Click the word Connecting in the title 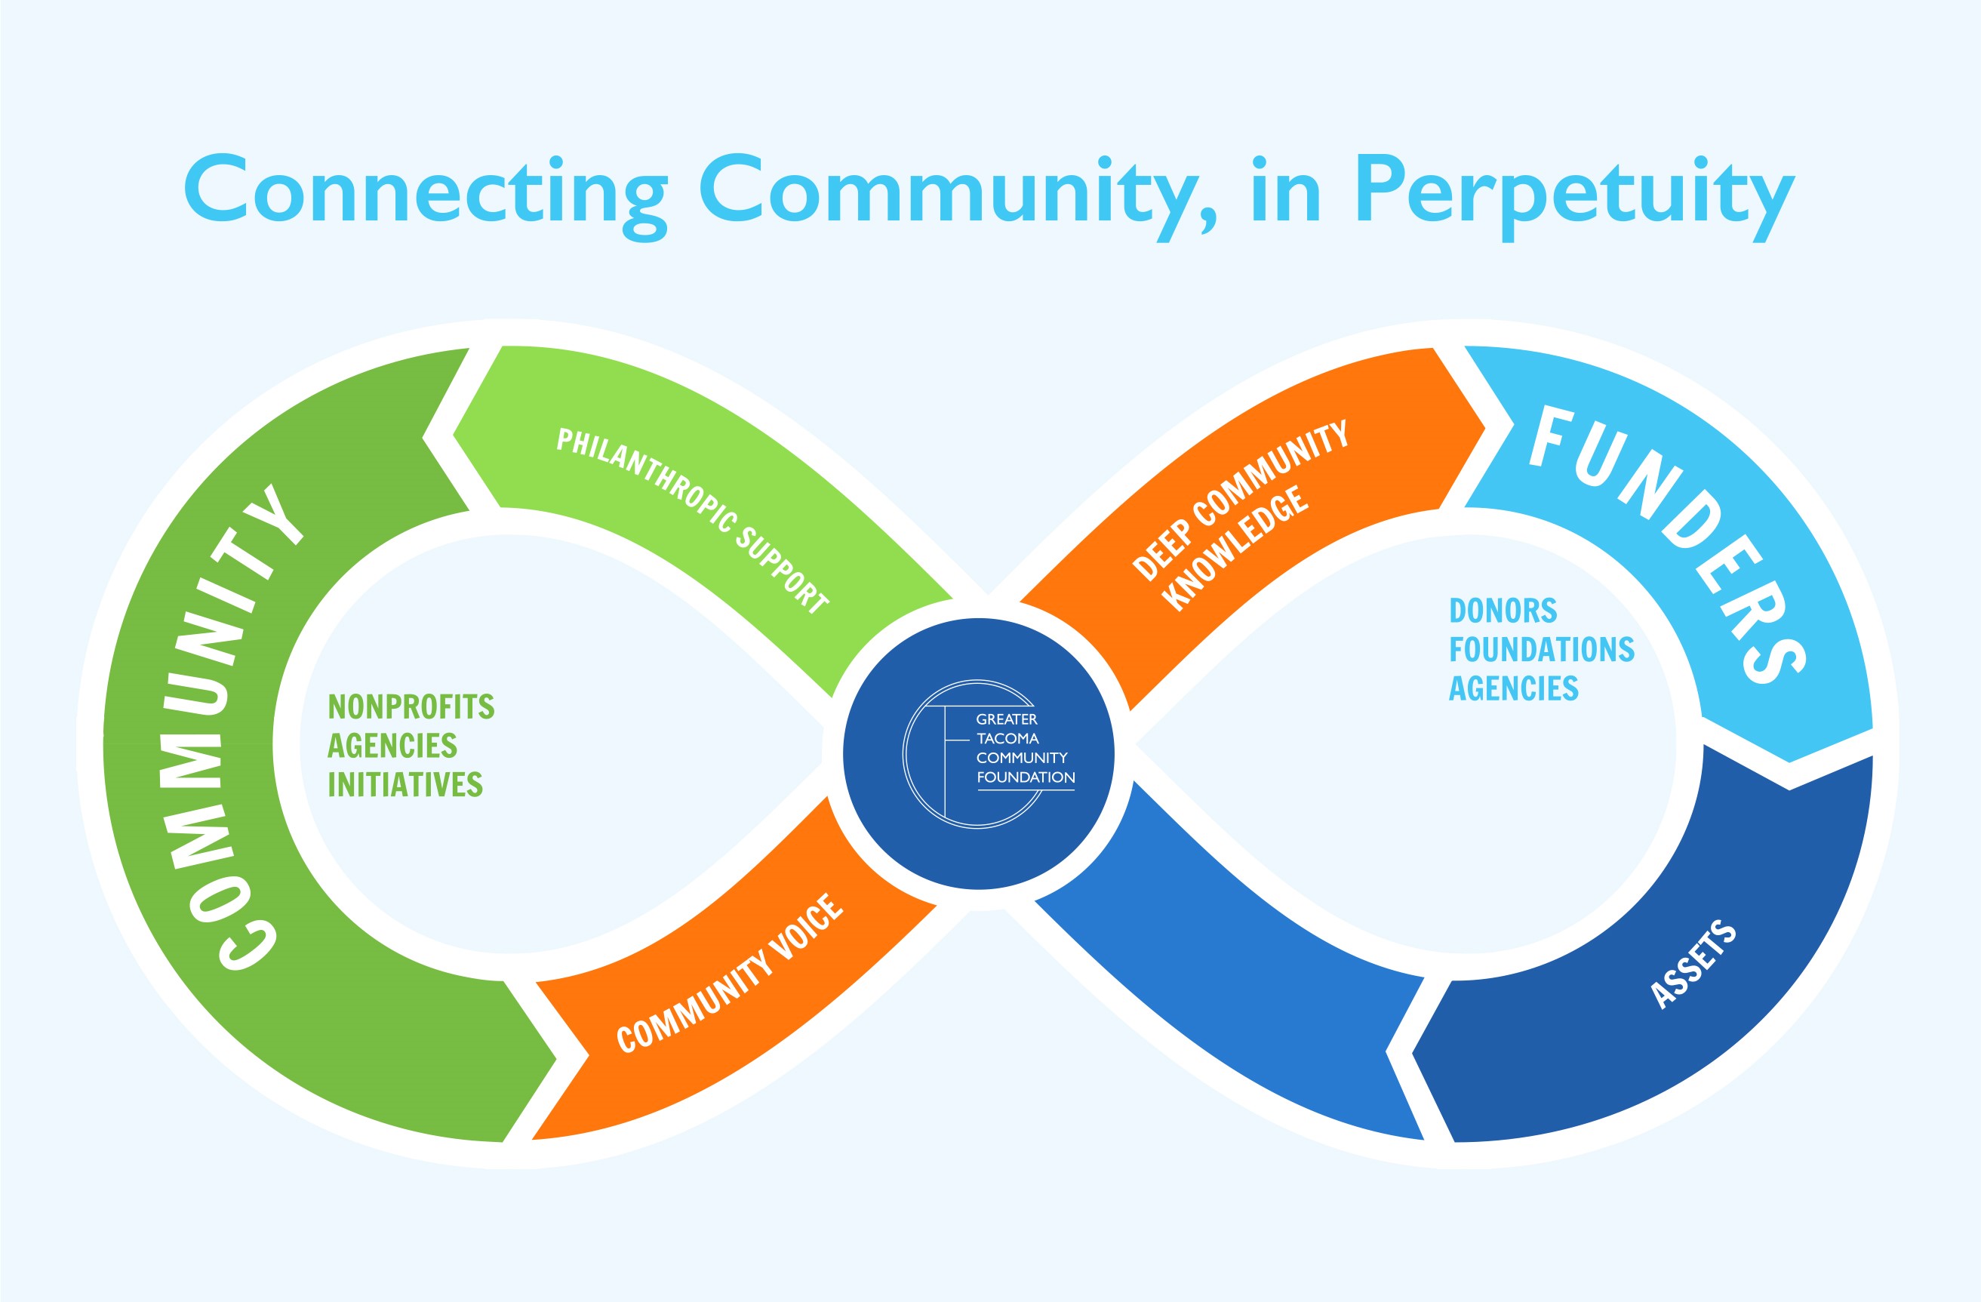[424, 192]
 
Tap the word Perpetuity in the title [1573, 193]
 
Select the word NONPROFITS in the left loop [411, 706]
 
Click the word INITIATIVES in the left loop [405, 784]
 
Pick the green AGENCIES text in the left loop [392, 746]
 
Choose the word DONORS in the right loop [1503, 611]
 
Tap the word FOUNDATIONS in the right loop [1542, 649]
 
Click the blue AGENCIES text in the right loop [1513, 688]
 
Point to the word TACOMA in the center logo [1007, 738]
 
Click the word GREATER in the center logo [1006, 719]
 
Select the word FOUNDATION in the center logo [1026, 777]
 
